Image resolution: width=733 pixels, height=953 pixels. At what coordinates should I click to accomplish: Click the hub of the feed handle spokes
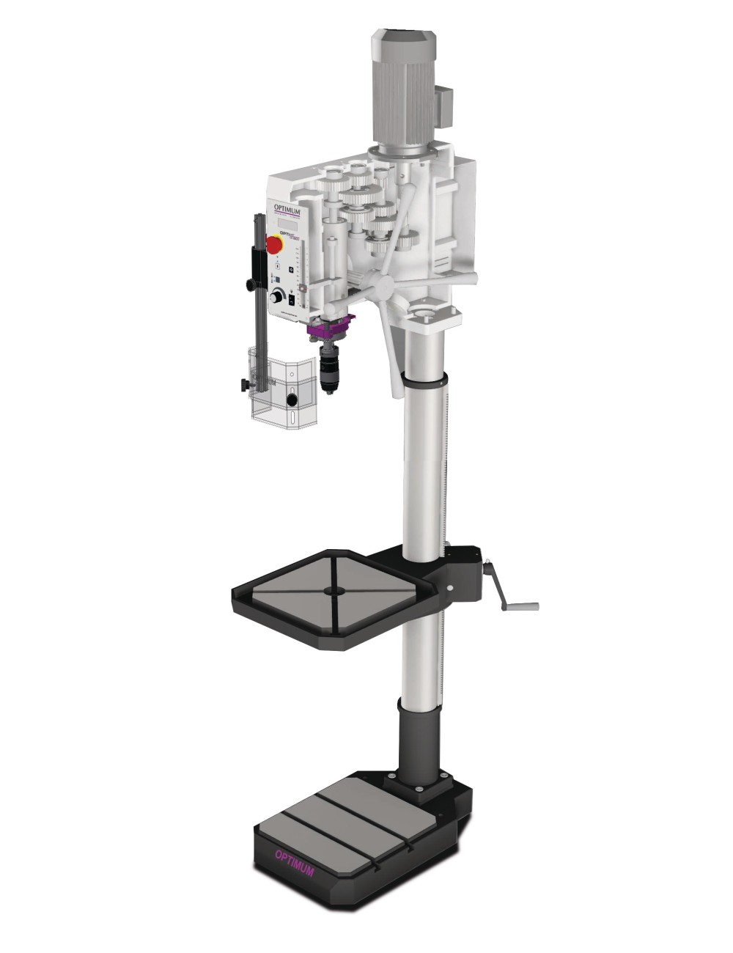(x=380, y=282)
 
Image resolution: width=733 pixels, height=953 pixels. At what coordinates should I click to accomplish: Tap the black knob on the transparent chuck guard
(x=292, y=400)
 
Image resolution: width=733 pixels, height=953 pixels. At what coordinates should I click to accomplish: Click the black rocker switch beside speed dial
(x=292, y=299)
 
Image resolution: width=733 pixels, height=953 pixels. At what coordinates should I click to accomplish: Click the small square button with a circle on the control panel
(x=290, y=270)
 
